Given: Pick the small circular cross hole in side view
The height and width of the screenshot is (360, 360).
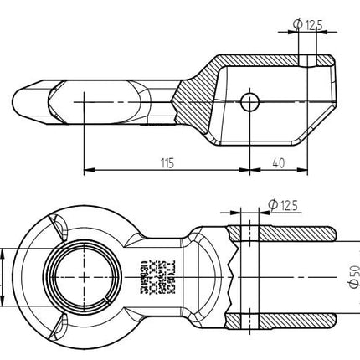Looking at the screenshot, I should [x=250, y=102].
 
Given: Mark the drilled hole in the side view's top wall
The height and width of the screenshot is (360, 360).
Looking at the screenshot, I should [x=310, y=61].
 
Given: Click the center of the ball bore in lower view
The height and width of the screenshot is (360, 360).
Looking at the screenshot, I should [x=82, y=277].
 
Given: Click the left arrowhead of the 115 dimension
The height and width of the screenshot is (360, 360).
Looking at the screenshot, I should [x=87, y=172].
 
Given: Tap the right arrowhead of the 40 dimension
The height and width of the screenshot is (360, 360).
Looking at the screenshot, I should [x=306, y=172].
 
